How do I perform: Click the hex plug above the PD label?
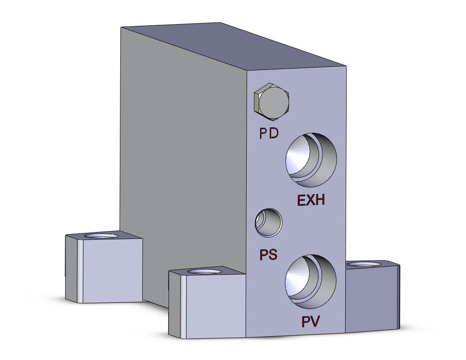pyautogui.click(x=272, y=101)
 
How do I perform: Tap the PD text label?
pyautogui.click(x=268, y=134)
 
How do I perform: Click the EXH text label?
pyautogui.click(x=311, y=200)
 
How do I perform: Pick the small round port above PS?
pyautogui.click(x=268, y=223)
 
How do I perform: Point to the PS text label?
pyautogui.click(x=268, y=255)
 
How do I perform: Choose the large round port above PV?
pyautogui.click(x=311, y=278)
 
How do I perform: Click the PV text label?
pyautogui.click(x=311, y=322)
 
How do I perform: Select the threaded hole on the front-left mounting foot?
pyautogui.click(x=205, y=271)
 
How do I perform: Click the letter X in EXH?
pyautogui.click(x=311, y=200)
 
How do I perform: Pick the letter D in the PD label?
pyautogui.click(x=274, y=134)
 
